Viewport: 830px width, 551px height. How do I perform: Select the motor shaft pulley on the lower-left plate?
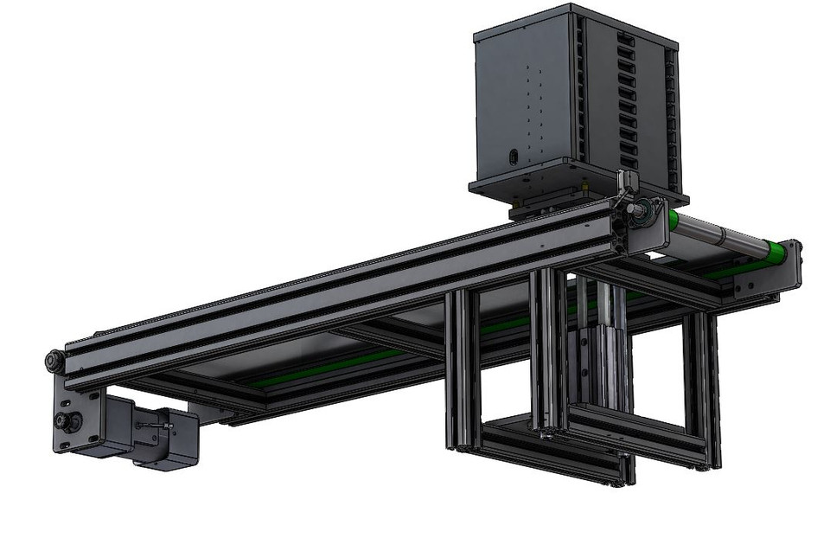click(x=64, y=421)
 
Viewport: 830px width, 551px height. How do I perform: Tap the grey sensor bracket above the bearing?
click(x=626, y=184)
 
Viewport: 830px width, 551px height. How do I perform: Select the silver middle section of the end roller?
click(x=723, y=235)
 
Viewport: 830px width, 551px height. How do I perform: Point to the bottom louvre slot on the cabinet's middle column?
click(x=629, y=162)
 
